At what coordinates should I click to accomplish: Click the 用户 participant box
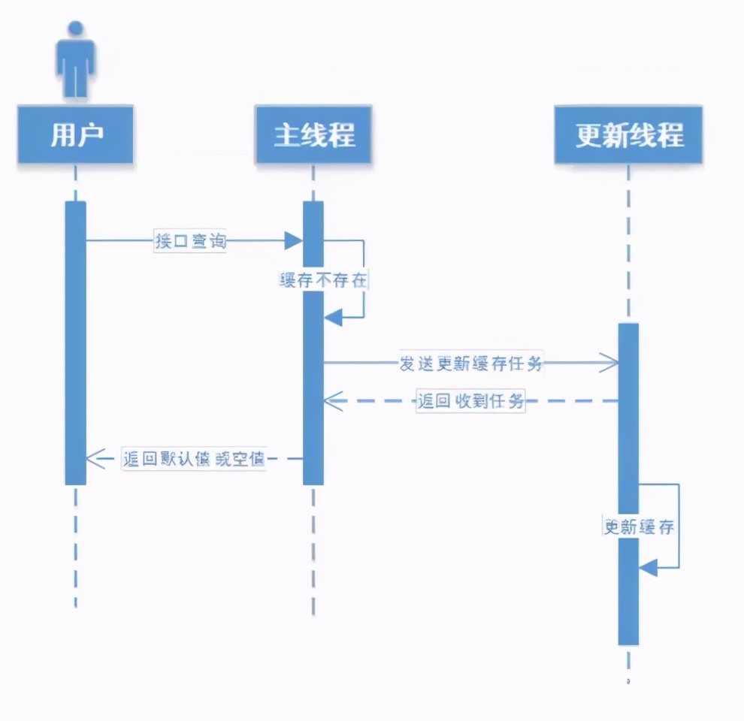[x=76, y=135]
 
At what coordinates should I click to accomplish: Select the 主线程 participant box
[x=313, y=135]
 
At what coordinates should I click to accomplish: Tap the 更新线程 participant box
[x=629, y=135]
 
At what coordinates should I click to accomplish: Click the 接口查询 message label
[x=189, y=241]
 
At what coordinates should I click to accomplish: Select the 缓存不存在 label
[x=324, y=281]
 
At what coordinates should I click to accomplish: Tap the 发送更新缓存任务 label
[x=470, y=364]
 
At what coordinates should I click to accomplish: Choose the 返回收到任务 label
[x=470, y=401]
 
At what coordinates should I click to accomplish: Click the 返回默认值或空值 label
[x=194, y=458]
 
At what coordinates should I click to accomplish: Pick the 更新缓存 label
[x=639, y=527]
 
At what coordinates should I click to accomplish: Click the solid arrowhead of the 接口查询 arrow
[x=294, y=241]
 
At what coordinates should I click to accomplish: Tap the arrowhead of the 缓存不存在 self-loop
[x=332, y=318]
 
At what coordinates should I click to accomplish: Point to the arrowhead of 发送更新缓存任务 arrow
[x=609, y=364]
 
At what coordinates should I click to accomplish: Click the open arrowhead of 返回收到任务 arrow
[x=333, y=401]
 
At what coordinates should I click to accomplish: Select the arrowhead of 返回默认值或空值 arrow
[x=95, y=458]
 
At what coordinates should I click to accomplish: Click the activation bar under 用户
[x=76, y=342]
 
